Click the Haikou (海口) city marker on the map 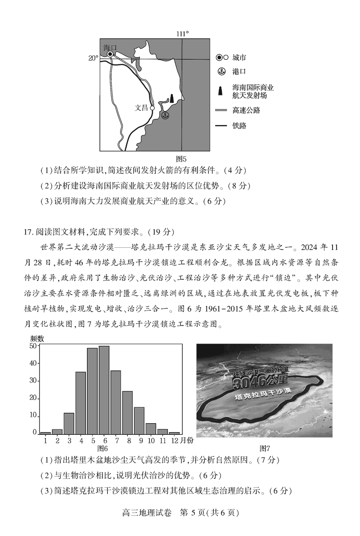pos(110,54)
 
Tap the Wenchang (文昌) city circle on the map pos(152,108)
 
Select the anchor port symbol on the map pos(165,116)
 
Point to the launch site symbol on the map pos(171,98)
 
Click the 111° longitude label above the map pos(182,34)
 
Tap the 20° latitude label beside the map pos(93,58)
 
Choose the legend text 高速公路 pos(246,110)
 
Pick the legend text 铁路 pos(239,125)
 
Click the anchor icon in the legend pos(221,72)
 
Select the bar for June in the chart pos(104,390)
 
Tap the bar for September pos(139,420)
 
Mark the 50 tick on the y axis pos(32,346)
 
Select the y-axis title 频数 pos(37,338)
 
